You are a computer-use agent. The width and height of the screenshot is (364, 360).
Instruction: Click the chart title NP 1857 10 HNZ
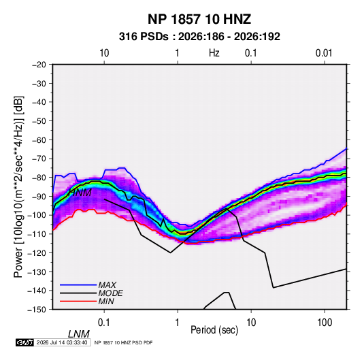tap(199, 19)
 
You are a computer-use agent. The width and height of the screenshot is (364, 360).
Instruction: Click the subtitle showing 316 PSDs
tap(199, 37)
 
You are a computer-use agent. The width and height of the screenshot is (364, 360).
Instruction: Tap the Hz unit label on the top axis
tap(214, 53)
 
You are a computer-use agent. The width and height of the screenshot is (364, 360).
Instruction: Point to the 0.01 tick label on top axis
tap(324, 53)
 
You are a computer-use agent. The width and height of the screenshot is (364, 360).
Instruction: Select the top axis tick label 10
tap(104, 53)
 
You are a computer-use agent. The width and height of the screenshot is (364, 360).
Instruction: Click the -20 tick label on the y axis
tap(39, 65)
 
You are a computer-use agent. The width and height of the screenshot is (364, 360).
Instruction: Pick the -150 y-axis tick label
tap(37, 310)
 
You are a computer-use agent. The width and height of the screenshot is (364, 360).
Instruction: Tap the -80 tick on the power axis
tap(39, 178)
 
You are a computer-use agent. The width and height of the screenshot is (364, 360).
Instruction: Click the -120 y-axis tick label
tap(37, 253)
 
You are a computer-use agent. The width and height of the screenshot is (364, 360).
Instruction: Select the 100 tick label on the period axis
tap(325, 323)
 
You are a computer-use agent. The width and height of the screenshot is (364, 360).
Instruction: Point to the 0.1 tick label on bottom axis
tap(103, 323)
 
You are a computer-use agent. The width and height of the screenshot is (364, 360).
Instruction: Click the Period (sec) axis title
tap(214, 330)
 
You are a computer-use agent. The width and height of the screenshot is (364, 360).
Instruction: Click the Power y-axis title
tap(18, 186)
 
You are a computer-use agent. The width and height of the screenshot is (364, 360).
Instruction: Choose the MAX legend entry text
tap(107, 285)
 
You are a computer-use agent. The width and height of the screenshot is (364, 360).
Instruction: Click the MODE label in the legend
tap(110, 293)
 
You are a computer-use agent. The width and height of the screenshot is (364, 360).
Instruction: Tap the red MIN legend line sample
tap(78, 301)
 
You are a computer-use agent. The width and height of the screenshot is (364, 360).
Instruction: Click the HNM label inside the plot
tap(80, 193)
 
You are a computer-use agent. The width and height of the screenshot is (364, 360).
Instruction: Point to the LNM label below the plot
tap(78, 334)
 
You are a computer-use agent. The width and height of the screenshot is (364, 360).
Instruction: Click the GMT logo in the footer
tap(24, 342)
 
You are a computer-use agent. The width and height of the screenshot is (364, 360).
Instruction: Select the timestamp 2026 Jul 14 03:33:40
tap(62, 342)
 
